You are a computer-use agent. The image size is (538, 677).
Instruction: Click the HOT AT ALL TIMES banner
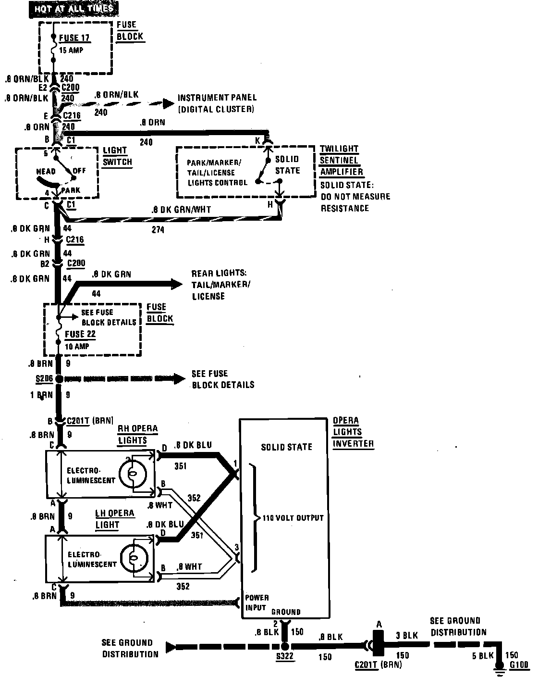[74, 9]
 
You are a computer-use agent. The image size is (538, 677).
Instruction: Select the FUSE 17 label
[74, 38]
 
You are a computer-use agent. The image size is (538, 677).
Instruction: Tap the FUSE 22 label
[81, 334]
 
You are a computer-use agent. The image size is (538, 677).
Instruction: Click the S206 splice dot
[59, 379]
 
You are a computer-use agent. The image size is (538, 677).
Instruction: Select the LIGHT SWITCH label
[117, 156]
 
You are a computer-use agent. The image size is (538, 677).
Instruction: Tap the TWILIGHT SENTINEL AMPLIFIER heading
[341, 160]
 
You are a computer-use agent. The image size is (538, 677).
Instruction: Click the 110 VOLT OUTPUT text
[293, 518]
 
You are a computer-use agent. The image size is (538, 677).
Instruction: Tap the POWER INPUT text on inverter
[257, 602]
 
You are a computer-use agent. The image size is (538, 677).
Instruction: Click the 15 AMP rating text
[71, 50]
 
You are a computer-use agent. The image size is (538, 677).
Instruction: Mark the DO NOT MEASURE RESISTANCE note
[355, 202]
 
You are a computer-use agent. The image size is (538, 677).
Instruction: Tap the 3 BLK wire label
[406, 636]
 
